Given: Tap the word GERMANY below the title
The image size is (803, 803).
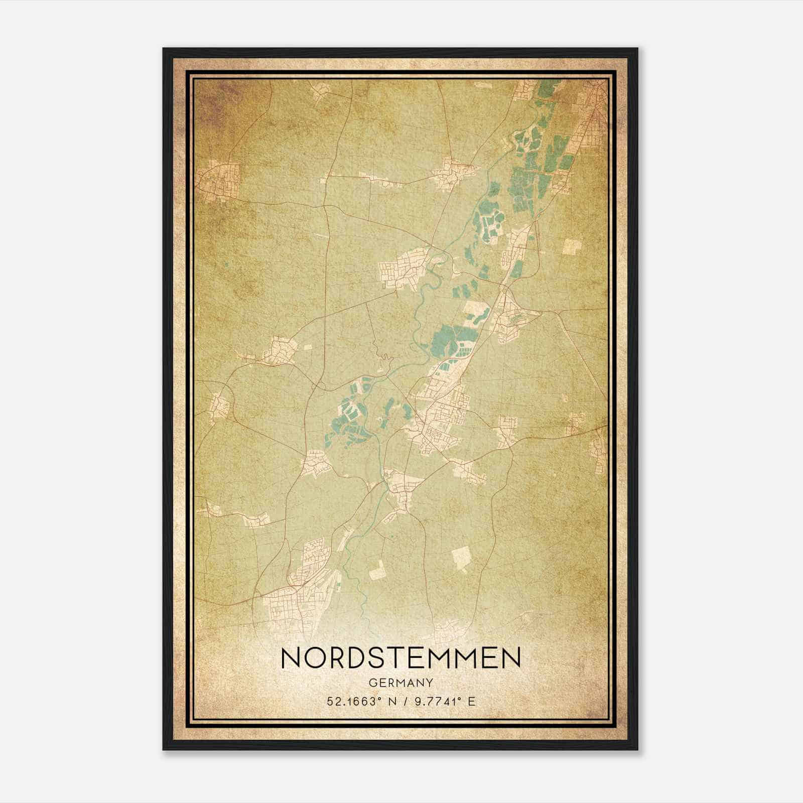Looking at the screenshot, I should (x=401, y=683).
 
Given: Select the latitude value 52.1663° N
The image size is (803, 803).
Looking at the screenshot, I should (x=359, y=701).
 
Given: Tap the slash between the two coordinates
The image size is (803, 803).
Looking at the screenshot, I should (x=405, y=701).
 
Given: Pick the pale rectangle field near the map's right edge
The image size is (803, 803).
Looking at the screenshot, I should (x=572, y=246).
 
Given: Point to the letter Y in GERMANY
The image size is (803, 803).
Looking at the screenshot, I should (x=430, y=683).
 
